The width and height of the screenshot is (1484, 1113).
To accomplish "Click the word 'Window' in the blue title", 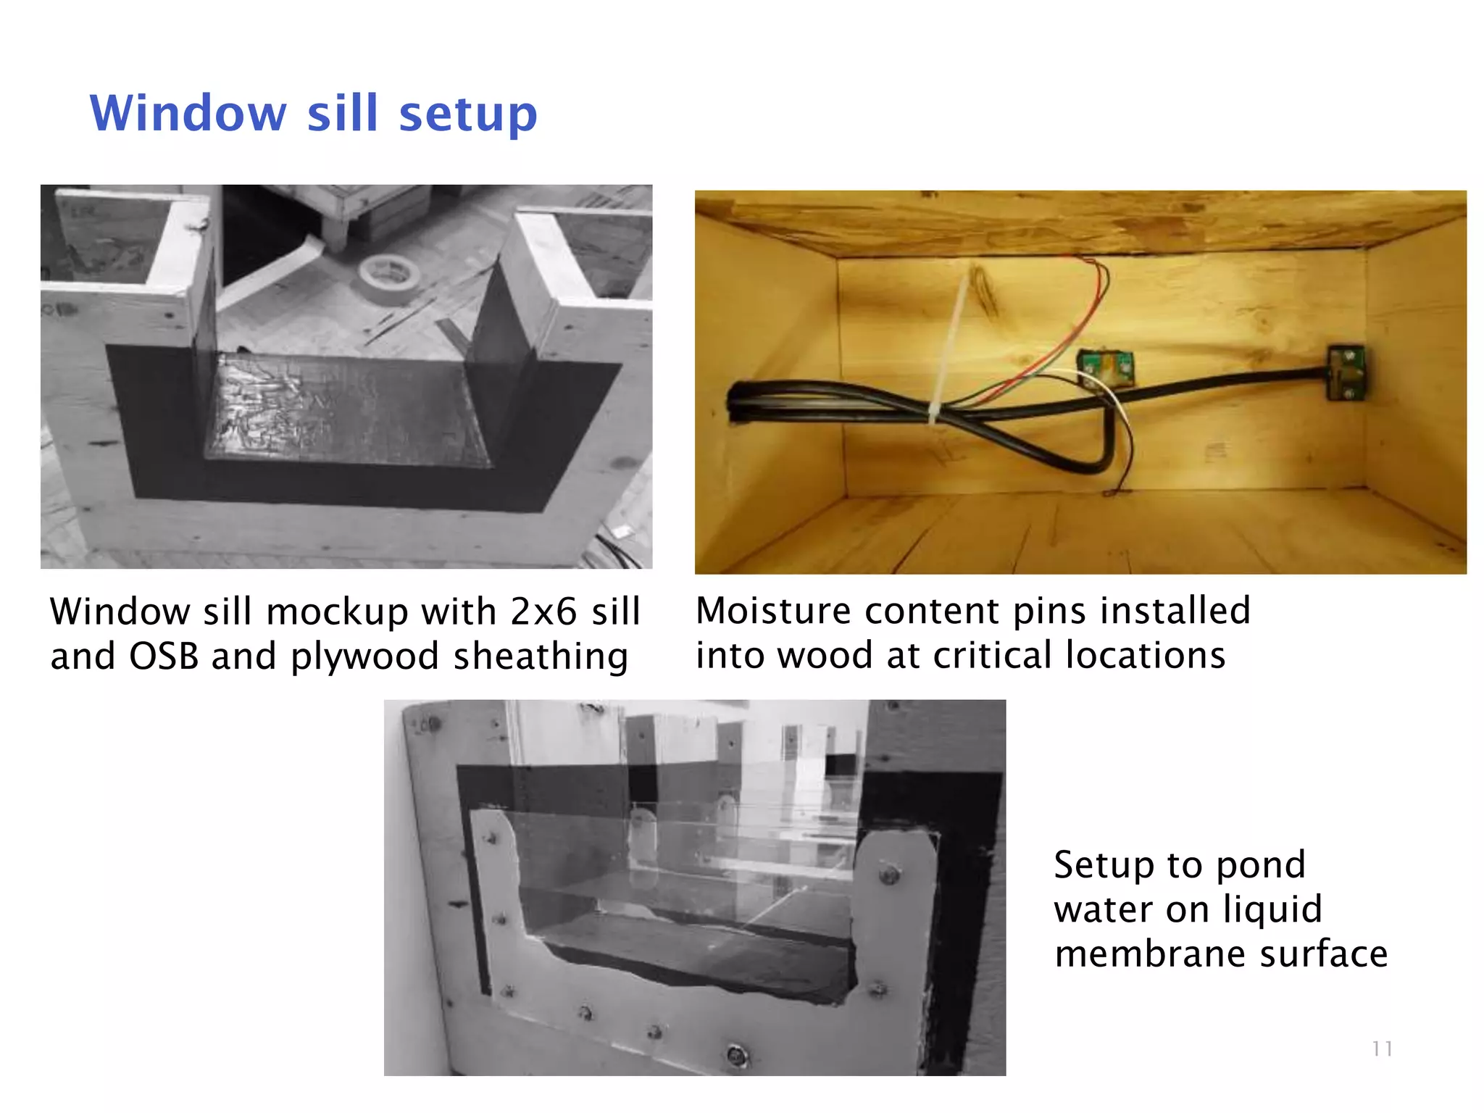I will tap(188, 114).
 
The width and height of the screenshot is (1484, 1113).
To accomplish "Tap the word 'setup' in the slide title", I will tap(468, 115).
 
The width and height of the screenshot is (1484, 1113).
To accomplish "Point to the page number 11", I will tap(1382, 1049).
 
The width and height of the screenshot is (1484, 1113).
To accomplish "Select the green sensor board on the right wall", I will tap(1346, 372).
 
